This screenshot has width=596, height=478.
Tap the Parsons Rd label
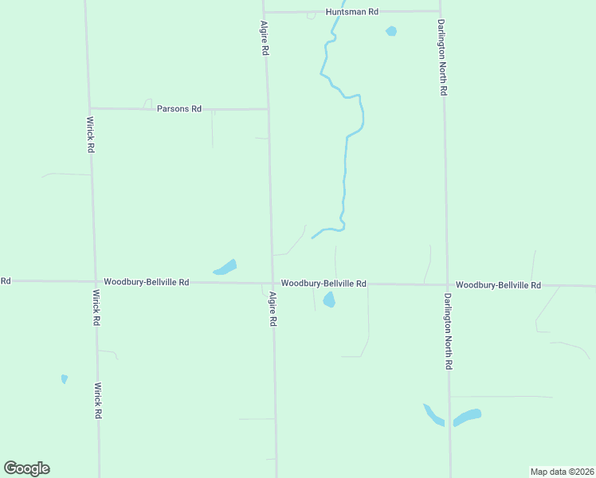179,108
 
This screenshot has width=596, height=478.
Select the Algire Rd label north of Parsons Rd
265,37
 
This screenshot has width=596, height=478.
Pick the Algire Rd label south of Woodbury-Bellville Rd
273,308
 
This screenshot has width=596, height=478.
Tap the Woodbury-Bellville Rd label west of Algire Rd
146,282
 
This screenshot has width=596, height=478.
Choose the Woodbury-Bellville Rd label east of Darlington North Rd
498,285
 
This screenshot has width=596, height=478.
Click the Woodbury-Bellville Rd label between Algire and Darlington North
323,284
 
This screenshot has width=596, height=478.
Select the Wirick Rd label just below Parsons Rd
91,135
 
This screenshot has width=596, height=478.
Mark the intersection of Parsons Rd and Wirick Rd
90,108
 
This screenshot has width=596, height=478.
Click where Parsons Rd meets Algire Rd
268,109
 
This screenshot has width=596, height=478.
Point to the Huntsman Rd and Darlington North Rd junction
441,11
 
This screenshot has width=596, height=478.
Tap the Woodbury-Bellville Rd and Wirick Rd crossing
94,281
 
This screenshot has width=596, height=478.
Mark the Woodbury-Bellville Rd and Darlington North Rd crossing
445,284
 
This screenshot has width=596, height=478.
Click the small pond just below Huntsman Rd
390,32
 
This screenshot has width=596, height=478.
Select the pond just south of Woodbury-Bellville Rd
328,300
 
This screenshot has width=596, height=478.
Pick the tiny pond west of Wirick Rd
65,379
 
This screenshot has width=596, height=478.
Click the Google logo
26,468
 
